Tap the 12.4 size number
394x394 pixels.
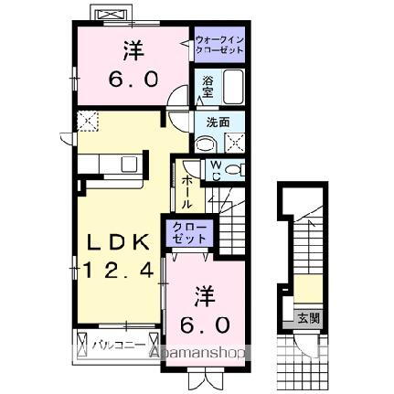(118, 272)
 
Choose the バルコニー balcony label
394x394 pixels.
(115, 345)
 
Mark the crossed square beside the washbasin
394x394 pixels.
(234, 141)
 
